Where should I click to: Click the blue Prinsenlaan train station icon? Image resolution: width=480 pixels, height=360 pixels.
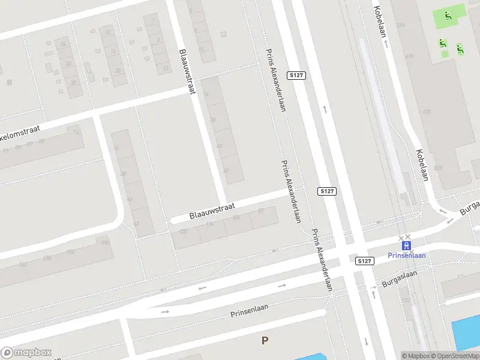407,245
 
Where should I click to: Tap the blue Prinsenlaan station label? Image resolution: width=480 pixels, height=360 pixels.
407,255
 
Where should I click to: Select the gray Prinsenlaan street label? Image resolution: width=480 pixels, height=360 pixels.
249,311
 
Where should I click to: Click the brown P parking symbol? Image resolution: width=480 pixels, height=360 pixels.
265,340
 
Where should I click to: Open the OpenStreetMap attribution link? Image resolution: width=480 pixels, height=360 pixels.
455,356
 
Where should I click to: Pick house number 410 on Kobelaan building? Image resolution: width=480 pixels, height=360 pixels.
410,56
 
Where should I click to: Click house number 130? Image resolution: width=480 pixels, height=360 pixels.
183,231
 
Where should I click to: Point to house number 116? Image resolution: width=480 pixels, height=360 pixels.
209,224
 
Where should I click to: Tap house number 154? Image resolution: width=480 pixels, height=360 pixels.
70,253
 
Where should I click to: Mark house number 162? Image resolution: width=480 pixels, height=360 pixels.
23,264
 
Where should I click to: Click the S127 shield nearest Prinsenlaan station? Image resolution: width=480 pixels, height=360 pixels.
364,261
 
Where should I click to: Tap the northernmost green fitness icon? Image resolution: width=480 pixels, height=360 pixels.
448,16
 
